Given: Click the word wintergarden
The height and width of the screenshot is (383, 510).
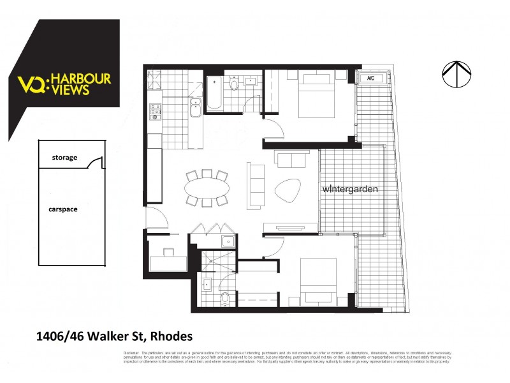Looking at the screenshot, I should [x=351, y=189].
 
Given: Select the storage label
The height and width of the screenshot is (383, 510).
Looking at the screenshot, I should [x=64, y=157].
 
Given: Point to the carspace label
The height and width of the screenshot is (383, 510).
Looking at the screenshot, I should [x=64, y=209].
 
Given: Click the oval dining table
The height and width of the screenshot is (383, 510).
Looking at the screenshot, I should [x=207, y=188].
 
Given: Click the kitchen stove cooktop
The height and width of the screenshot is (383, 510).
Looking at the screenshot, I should [x=154, y=112].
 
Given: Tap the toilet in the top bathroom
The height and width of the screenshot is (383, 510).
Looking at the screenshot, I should [x=234, y=85].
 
